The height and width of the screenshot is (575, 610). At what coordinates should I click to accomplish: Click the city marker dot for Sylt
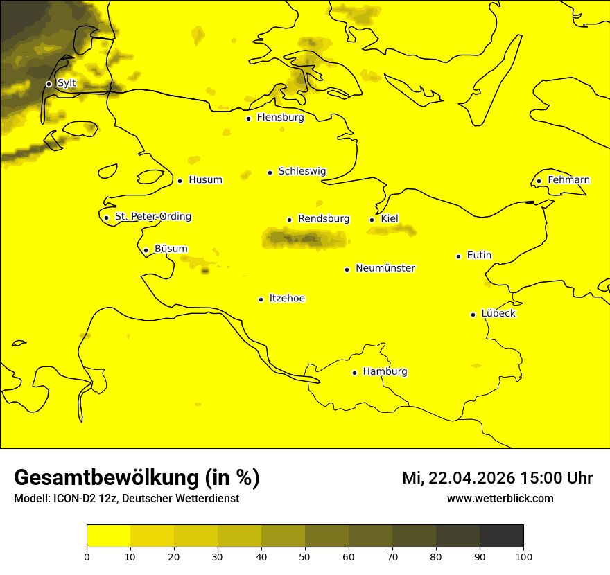pos(49,84)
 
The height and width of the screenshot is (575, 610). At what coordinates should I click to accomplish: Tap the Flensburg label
pos(280,118)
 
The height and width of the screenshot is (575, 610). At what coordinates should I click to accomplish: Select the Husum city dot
pos(180,181)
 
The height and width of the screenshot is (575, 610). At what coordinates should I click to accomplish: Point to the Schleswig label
pos(302,171)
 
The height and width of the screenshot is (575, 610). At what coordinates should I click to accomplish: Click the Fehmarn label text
pos(568,180)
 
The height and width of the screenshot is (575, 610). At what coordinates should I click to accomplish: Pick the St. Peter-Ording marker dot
pos(106,218)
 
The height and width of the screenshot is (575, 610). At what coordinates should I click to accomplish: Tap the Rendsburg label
pos(323,219)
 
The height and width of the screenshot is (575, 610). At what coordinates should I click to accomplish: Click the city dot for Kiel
pos(372,220)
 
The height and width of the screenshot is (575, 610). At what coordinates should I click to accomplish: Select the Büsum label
pos(171,249)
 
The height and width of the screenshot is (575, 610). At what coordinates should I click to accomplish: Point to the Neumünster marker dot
pos(347,269)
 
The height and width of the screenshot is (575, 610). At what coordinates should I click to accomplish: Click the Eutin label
pos(479,256)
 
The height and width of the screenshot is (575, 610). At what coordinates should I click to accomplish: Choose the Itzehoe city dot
pos(261,299)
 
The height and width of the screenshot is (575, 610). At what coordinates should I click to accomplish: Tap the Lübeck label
pos(498,313)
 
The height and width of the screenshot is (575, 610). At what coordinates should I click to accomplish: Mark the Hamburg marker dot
pos(354,373)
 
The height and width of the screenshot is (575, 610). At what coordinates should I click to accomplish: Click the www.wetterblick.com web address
pos(500,499)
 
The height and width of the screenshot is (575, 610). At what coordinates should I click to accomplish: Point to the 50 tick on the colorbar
pos(305,556)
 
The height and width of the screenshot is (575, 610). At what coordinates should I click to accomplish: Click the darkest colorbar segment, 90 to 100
pos(501,536)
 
